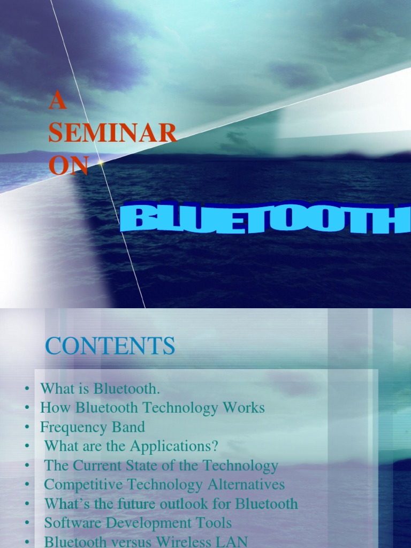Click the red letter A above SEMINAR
coord(57,101)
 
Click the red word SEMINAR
coord(112,133)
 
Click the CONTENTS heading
coord(110,346)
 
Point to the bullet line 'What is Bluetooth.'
coord(100,388)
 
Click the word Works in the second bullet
coord(245,408)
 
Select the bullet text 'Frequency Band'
coord(92,427)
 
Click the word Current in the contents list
coord(100,466)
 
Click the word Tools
coord(215,523)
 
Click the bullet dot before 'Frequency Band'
coord(26,428)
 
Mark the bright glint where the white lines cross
coord(100,162)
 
